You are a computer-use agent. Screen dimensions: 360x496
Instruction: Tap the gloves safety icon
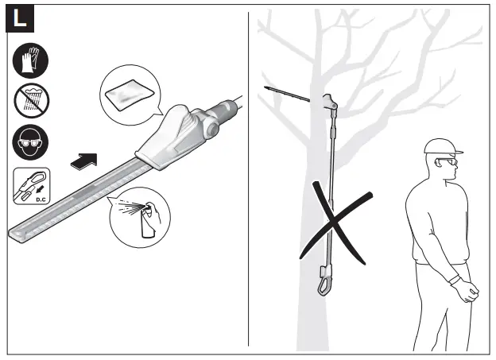[31, 61]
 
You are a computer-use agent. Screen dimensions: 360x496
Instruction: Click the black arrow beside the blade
[83, 161]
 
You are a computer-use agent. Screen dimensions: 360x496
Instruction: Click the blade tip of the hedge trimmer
[16, 231]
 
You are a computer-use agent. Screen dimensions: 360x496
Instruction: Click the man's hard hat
[442, 147]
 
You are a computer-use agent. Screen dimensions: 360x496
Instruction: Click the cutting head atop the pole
[330, 102]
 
